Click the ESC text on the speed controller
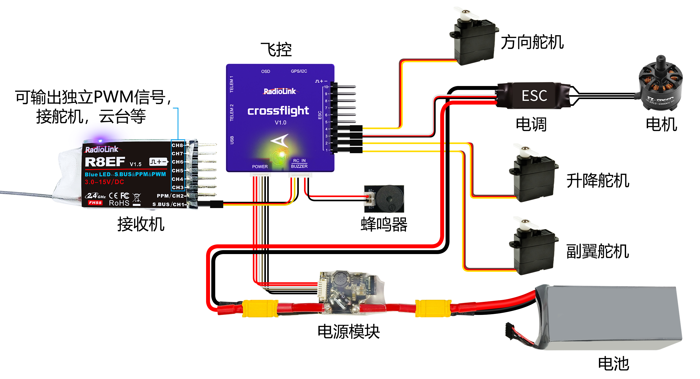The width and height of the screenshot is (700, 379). [534, 96]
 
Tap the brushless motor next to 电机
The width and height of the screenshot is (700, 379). [660, 87]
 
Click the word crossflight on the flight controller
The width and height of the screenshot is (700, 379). [278, 111]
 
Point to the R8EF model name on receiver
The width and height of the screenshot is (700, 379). [105, 162]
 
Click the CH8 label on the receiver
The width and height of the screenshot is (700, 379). [177, 145]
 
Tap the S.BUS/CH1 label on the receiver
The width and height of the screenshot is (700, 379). [168, 204]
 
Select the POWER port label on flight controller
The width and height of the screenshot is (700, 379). [260, 167]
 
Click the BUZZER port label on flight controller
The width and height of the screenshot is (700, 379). [299, 166]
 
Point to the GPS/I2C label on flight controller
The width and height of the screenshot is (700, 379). [299, 71]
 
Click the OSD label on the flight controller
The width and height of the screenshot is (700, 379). [265, 72]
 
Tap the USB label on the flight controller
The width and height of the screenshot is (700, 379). [232, 140]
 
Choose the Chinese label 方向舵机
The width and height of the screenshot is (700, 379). [532, 42]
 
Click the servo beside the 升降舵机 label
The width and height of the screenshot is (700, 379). [533, 177]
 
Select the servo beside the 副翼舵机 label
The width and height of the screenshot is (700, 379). [533, 249]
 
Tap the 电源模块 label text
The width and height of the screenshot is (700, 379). [349, 332]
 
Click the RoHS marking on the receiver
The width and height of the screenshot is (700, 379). [119, 203]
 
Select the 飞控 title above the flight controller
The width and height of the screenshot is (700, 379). [276, 50]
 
